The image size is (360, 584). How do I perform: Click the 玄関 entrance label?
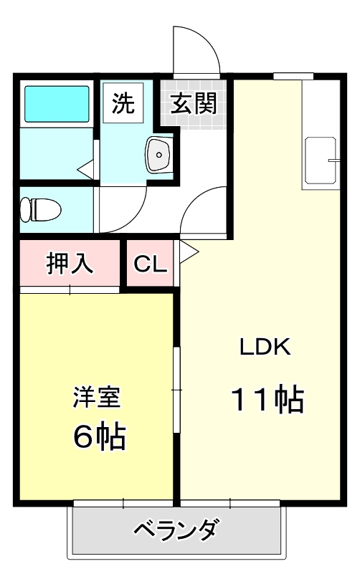pyautogui.click(x=194, y=105)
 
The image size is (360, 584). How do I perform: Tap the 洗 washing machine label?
pyautogui.click(x=123, y=105)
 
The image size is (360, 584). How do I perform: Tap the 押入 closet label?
pyautogui.click(x=69, y=264)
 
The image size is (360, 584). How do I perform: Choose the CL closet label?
pyautogui.click(x=151, y=264)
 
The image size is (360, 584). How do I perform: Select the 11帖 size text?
pyautogui.click(x=267, y=399)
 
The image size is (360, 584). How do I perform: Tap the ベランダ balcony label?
pyautogui.click(x=176, y=531)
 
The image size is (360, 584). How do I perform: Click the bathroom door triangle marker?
pyautogui.click(x=87, y=170)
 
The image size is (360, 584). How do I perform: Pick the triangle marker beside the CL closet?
pyautogui.click(x=188, y=251)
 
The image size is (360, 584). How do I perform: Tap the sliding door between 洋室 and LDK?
pyautogui.click(x=177, y=390)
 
